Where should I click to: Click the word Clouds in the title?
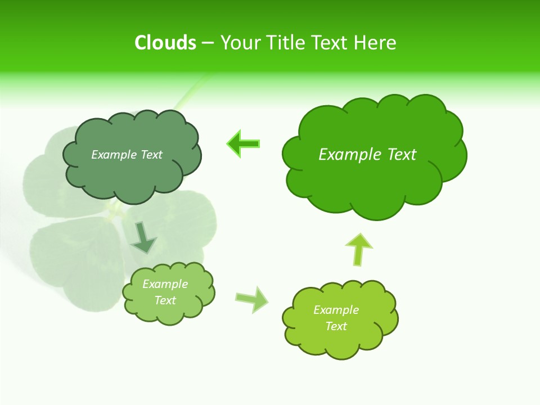[165, 43]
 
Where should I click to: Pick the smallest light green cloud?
[168, 292]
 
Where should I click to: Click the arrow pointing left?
[243, 144]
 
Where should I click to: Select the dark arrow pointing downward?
[144, 237]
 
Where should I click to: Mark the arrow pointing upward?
[358, 249]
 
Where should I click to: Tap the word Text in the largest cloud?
[402, 155]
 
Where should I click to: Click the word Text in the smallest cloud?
[165, 300]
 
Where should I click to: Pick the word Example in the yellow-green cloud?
[336, 310]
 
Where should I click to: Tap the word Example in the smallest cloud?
[165, 284]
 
